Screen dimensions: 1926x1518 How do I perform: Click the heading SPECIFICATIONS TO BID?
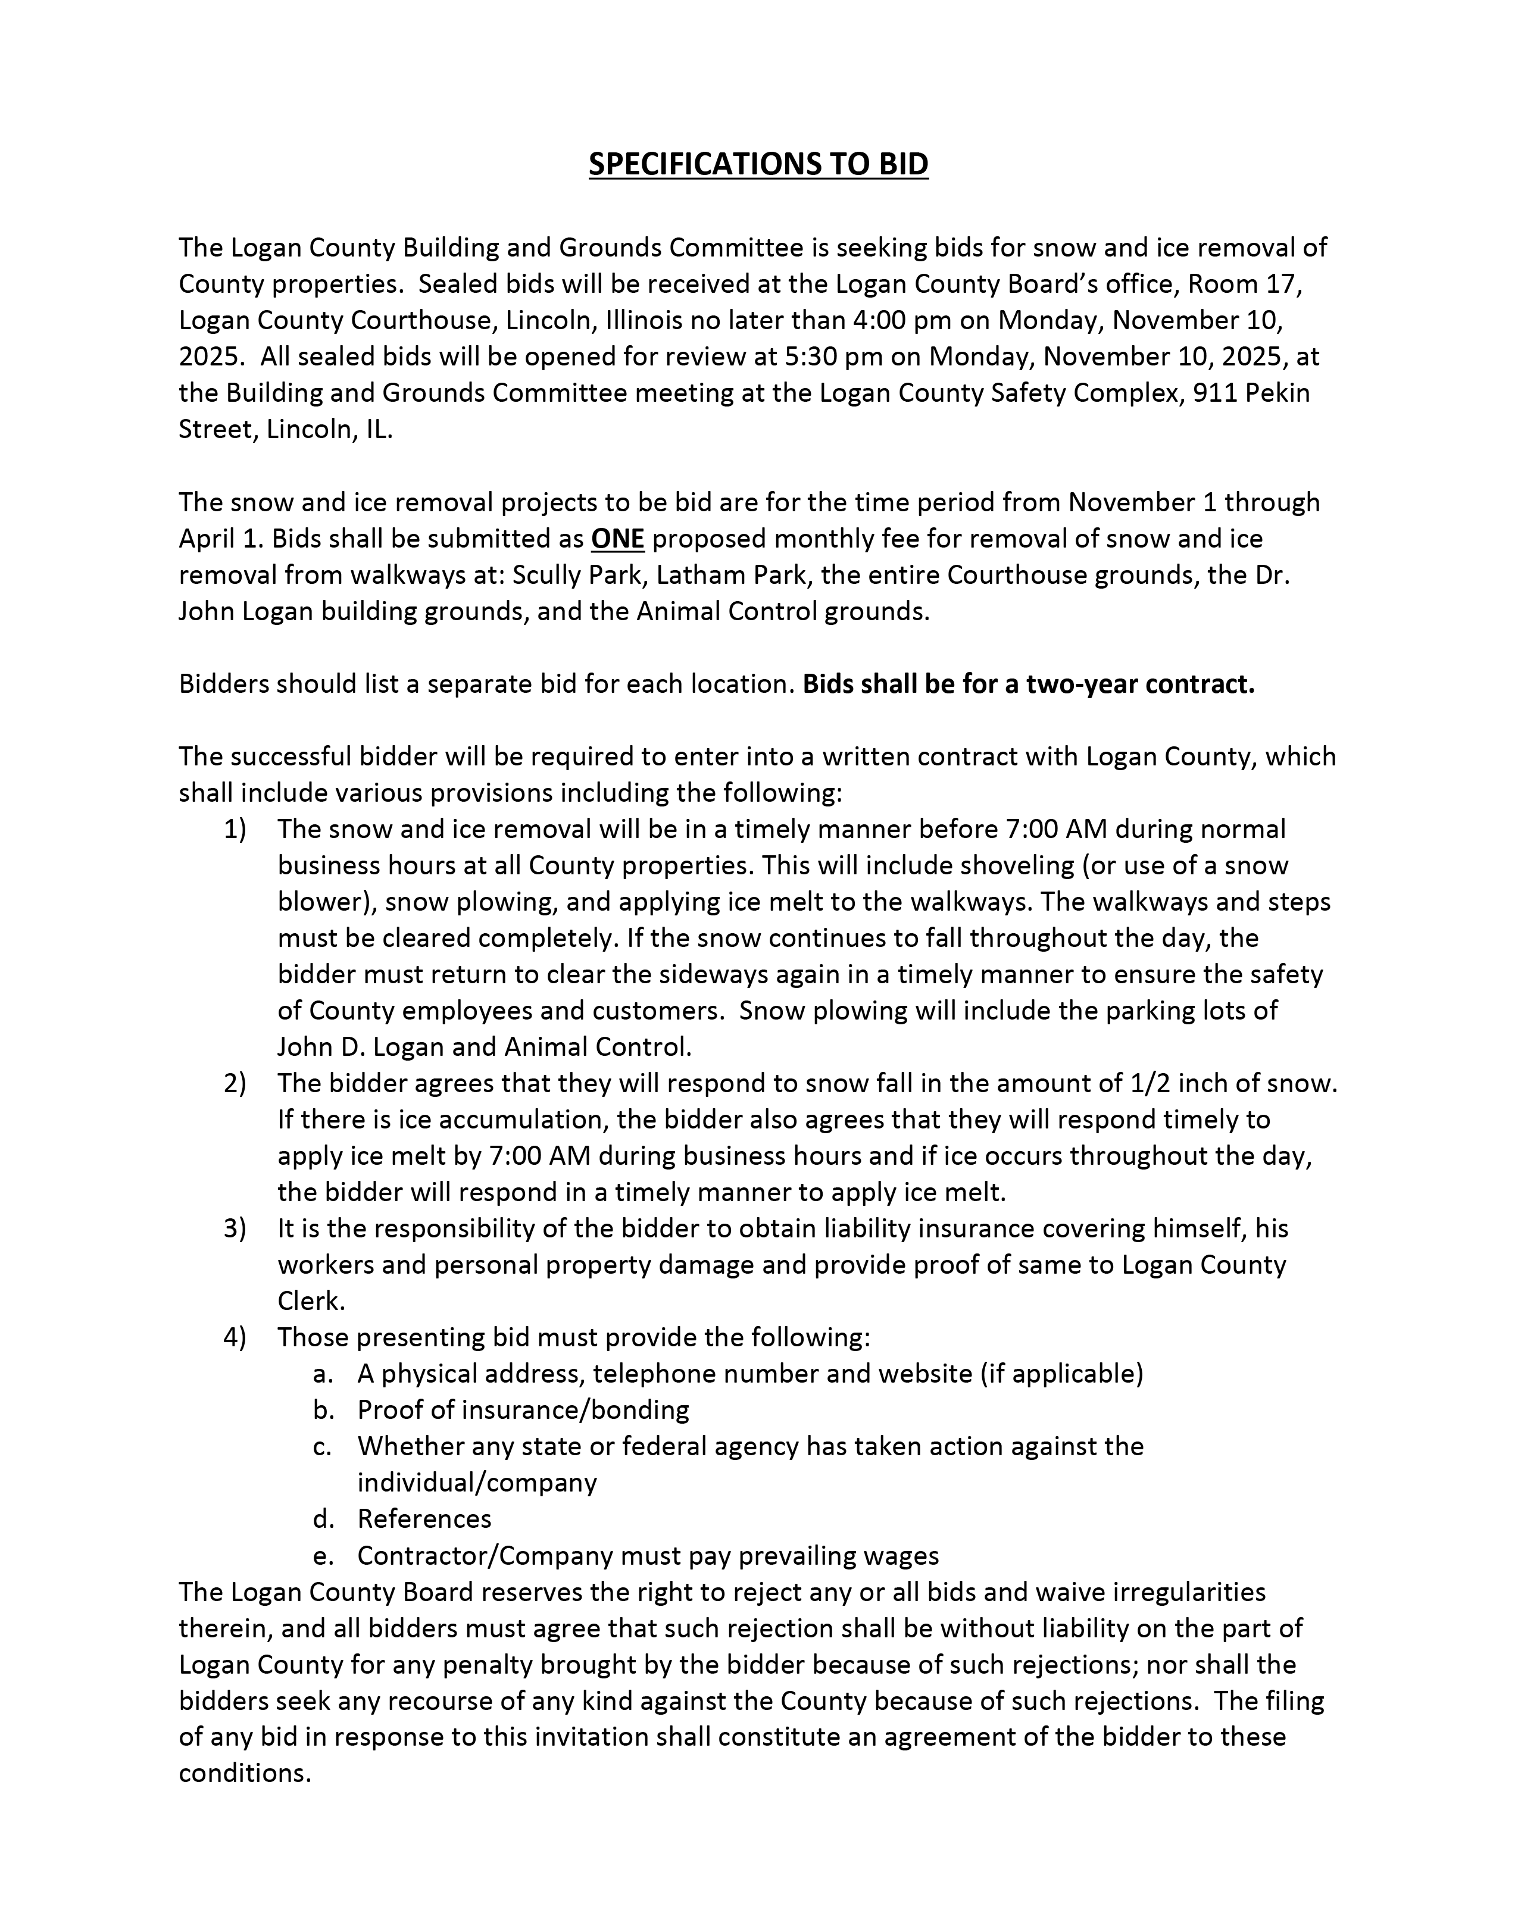tap(758, 165)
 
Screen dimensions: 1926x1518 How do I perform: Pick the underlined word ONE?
tap(618, 539)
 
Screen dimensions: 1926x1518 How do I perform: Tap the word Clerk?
tap(310, 1302)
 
